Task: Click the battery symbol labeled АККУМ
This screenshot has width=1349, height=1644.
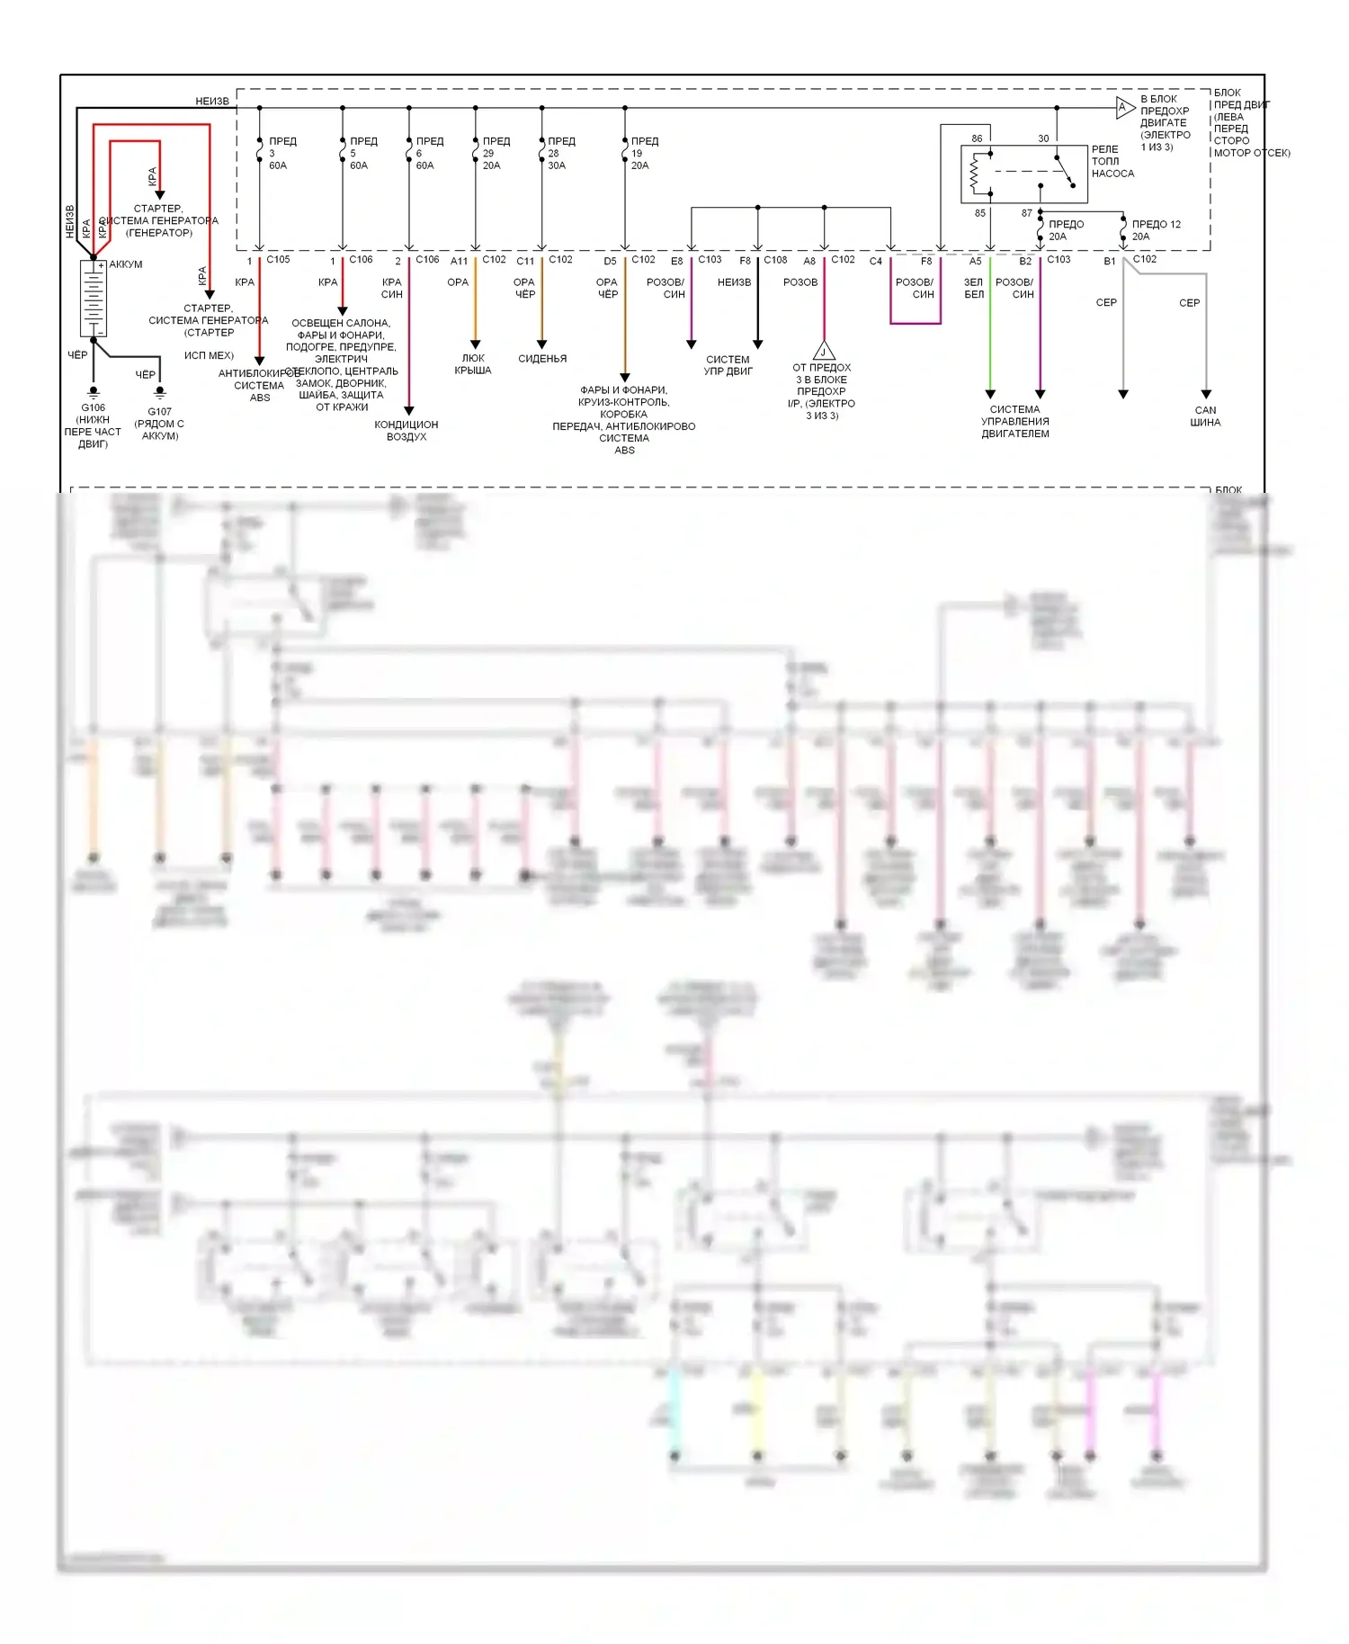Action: click(94, 298)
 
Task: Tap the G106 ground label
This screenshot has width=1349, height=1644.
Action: click(93, 407)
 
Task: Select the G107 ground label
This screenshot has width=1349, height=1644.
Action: click(159, 412)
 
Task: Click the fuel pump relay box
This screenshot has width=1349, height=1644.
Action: click(1023, 174)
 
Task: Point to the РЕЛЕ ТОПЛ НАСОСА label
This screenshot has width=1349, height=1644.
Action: click(1112, 162)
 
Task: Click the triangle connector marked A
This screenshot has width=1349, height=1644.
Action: click(1124, 108)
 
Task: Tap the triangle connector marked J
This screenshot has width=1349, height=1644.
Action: click(823, 352)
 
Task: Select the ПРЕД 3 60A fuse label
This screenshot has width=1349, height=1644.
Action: click(281, 153)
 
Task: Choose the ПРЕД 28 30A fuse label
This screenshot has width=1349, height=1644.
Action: click(560, 153)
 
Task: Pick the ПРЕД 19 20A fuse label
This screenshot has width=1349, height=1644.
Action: click(644, 153)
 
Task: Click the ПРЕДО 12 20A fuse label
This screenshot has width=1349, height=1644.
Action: click(1156, 230)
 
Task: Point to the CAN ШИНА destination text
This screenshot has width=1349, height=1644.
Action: click(1205, 416)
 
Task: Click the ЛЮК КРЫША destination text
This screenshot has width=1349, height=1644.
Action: click(473, 364)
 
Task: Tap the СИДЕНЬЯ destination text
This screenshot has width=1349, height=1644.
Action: click(542, 359)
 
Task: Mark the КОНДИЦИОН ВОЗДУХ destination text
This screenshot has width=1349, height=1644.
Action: click(406, 431)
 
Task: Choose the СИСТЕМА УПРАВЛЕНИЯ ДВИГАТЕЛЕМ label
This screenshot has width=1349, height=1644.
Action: click(1015, 422)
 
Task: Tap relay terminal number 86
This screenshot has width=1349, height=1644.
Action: click(977, 138)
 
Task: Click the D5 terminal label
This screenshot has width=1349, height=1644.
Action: click(610, 262)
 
